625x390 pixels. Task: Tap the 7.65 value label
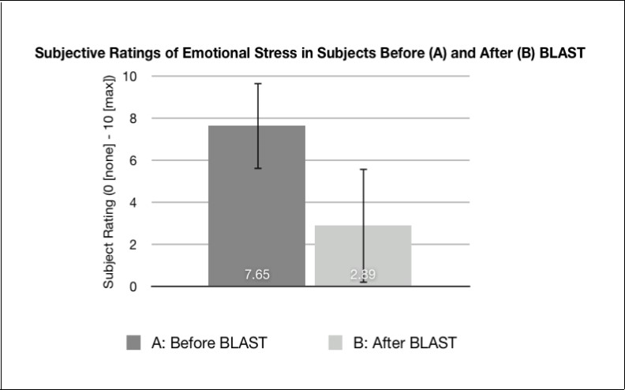tap(256, 276)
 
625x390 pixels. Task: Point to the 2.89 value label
tap(363, 276)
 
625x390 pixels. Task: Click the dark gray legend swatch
tap(133, 343)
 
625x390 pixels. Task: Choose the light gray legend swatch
tap(335, 343)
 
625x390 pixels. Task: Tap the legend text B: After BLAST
tap(403, 343)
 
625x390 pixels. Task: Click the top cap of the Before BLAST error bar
tap(256, 83)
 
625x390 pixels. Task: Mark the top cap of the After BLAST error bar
tap(363, 169)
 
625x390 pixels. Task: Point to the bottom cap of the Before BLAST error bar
tap(256, 168)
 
